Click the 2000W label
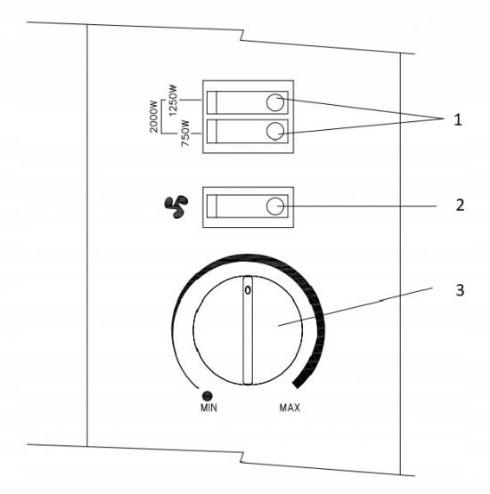pos(153,117)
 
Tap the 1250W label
pos(173,101)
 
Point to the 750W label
pos(186,134)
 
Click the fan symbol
pos(176,207)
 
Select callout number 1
pos(458,120)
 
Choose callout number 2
pos(460,205)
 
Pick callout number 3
pos(460,290)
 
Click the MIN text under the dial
pos(208,408)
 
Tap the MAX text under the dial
pos(290,408)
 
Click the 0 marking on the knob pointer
pos(248,290)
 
